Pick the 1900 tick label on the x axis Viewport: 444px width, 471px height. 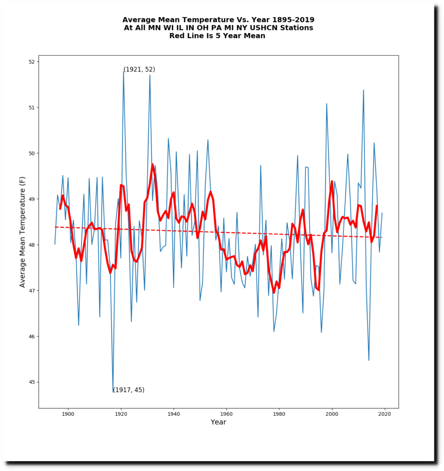click(x=68, y=414)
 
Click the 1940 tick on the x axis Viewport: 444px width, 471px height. click(x=174, y=408)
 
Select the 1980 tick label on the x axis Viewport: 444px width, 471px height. click(x=279, y=414)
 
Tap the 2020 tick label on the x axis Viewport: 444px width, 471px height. click(x=384, y=414)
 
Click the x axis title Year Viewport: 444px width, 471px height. click(x=218, y=422)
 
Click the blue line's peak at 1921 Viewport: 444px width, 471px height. click(x=124, y=70)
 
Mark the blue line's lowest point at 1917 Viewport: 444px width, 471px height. click(x=113, y=391)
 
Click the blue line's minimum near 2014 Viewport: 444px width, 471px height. click(x=369, y=360)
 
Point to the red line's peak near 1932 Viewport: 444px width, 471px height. click(x=153, y=164)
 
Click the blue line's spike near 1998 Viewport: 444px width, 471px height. click(x=327, y=103)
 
